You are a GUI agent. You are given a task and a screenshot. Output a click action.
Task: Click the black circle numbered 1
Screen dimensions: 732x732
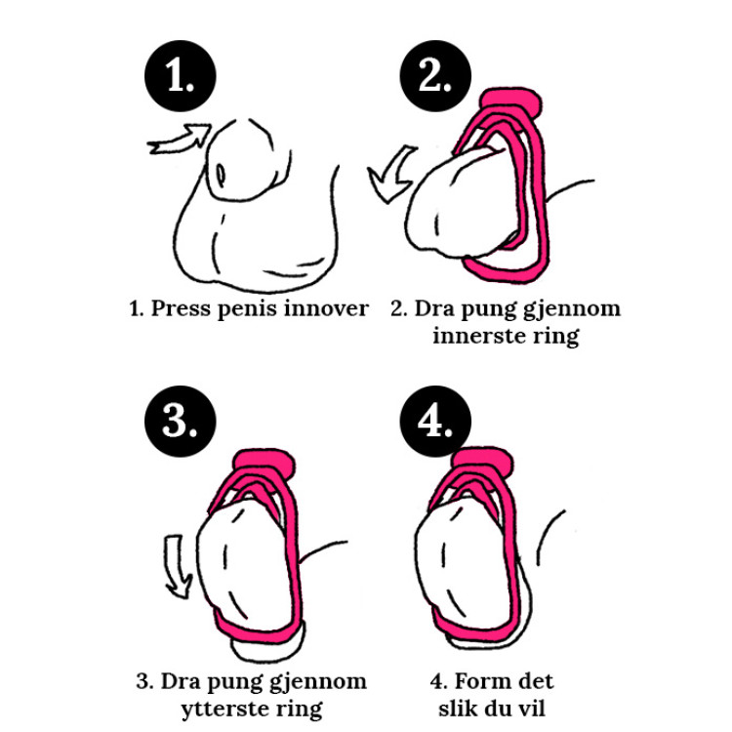click(181, 76)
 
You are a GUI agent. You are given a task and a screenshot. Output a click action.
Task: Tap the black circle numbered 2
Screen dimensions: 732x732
click(435, 76)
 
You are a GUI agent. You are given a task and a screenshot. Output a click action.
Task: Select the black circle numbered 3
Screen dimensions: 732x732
click(181, 421)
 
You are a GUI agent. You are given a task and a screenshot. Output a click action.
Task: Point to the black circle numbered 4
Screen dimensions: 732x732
click(435, 421)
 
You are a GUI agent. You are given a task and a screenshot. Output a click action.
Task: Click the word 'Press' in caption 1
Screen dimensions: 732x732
click(181, 309)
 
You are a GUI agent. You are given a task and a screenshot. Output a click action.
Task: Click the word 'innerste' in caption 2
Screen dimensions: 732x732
click(476, 336)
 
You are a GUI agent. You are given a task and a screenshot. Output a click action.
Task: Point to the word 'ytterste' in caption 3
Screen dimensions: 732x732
click(224, 710)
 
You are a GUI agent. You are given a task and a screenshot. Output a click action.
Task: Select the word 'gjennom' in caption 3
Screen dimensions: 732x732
click(320, 682)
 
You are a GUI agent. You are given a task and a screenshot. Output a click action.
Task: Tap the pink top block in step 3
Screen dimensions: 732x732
click(265, 464)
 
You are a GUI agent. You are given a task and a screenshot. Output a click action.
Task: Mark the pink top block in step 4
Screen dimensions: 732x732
click(483, 462)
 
